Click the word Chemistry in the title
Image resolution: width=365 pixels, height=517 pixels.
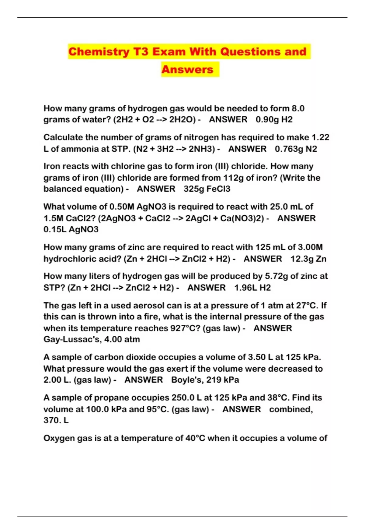point(99,52)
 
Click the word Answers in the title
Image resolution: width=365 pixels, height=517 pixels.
point(187,69)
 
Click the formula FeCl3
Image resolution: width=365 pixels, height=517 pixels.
point(218,189)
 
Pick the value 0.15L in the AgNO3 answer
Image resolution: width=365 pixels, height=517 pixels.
point(55,229)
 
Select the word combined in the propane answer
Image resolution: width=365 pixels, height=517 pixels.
point(291,409)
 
